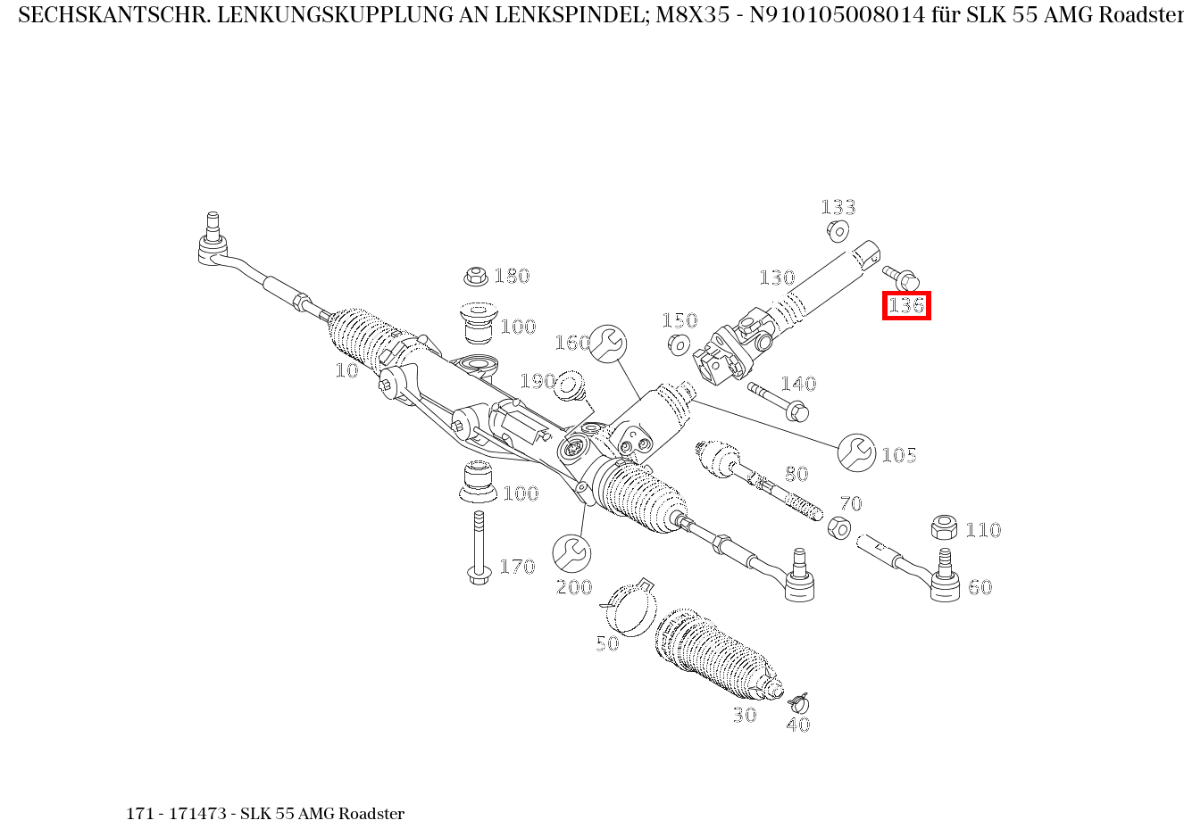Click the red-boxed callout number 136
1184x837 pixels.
906,306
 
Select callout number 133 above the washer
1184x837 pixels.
838,207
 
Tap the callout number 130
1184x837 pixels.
777,278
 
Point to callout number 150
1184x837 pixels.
679,320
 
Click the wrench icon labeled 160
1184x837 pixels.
608,344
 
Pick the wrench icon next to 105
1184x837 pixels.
857,452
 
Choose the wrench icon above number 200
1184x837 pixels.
571,553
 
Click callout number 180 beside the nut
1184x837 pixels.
512,276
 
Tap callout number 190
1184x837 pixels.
538,382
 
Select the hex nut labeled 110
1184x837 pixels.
944,527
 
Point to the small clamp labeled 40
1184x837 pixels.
799,702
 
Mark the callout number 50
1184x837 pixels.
607,643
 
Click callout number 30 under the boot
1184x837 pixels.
745,715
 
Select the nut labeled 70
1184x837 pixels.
838,527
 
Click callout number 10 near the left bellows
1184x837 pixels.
346,370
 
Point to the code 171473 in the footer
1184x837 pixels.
197,814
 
